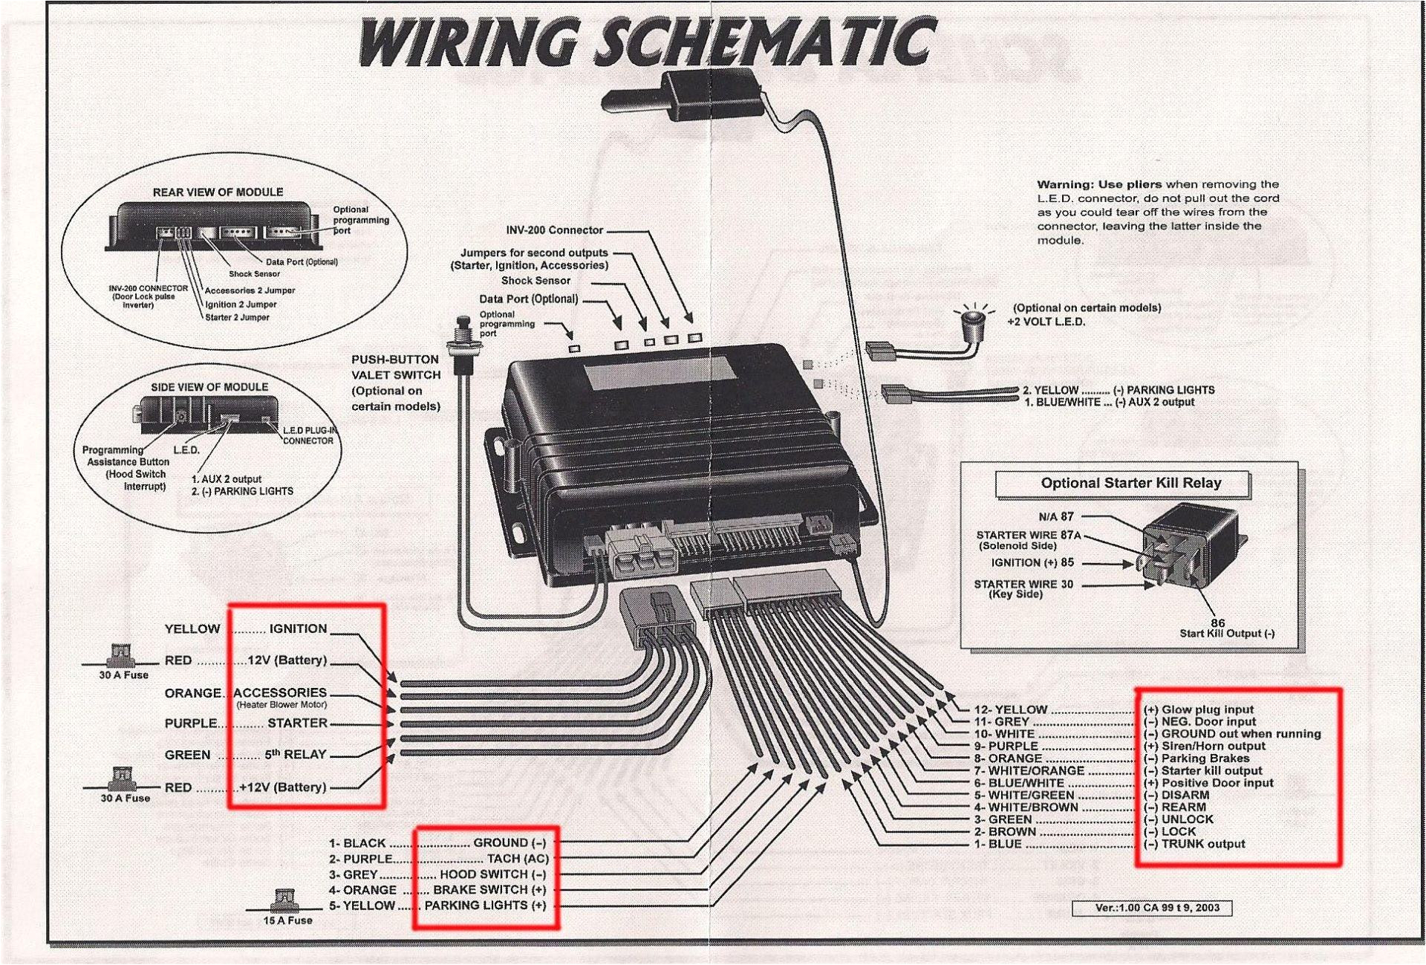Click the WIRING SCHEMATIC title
click(x=646, y=43)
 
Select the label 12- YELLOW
click(x=1010, y=709)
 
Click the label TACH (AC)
click(x=517, y=859)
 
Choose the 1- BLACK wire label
click(x=357, y=843)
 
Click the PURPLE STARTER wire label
click(x=246, y=724)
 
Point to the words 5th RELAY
click(x=295, y=755)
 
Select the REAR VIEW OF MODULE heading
click(x=218, y=192)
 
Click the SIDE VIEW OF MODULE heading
click(x=209, y=387)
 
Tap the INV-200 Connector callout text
click(x=554, y=230)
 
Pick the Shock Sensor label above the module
click(x=535, y=281)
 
